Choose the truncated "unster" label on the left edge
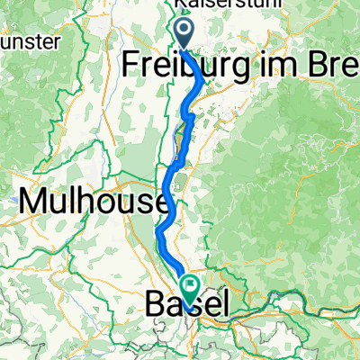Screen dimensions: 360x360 point(31,41)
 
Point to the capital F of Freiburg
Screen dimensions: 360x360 point(130,65)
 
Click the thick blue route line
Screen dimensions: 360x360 point(171,180)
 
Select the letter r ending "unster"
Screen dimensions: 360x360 point(57,42)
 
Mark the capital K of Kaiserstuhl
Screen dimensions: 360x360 point(179,5)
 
